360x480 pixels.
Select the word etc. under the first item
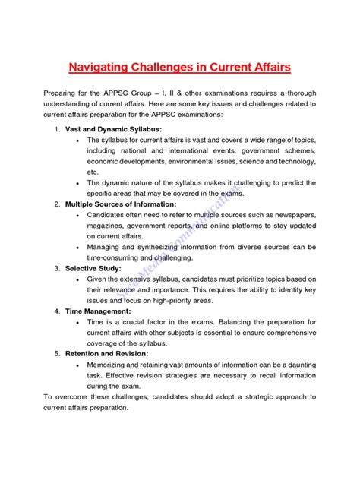[x=93, y=172]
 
